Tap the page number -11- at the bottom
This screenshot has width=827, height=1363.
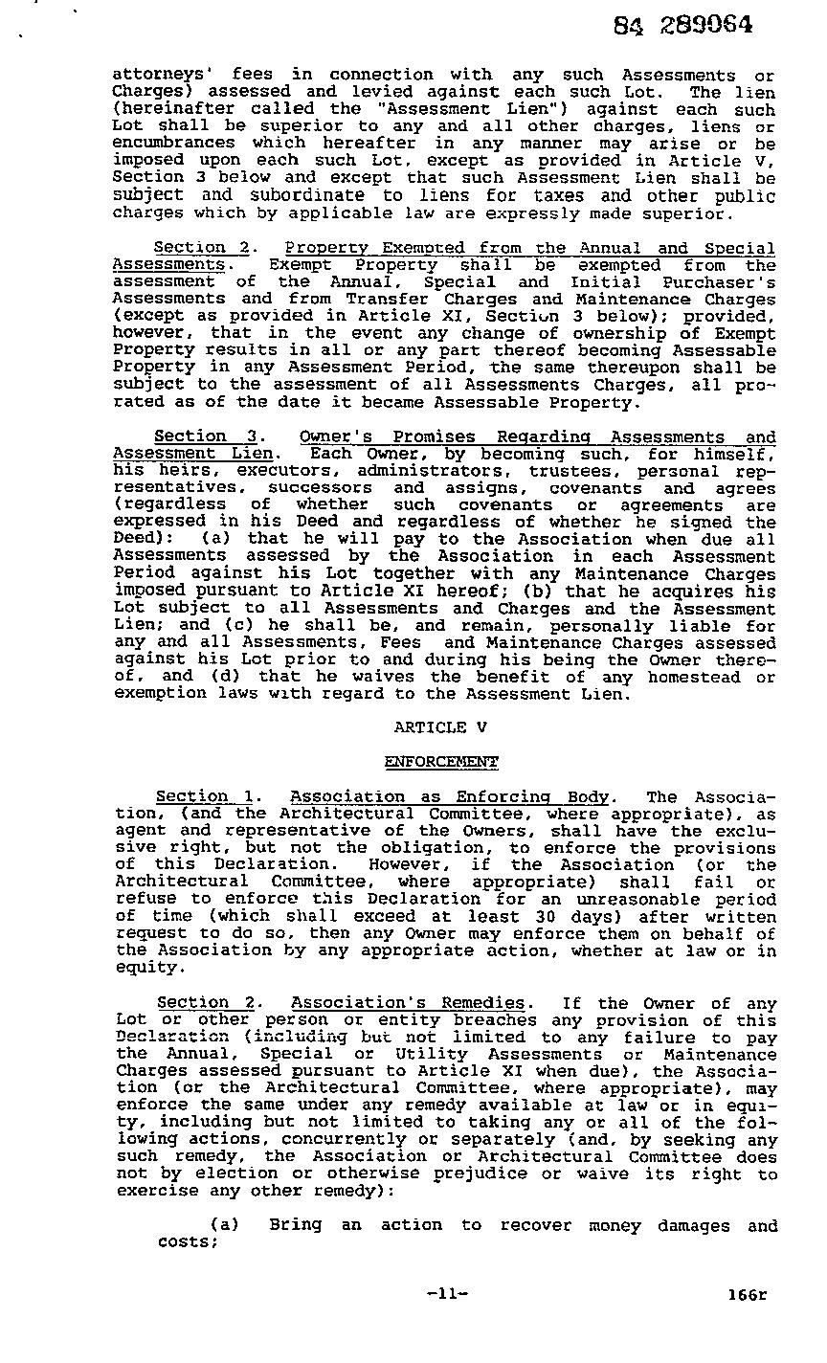pos(448,1294)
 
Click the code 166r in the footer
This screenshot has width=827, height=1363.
pos(747,1295)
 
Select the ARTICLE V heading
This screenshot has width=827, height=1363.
pos(440,727)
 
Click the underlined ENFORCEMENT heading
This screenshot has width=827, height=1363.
pos(440,762)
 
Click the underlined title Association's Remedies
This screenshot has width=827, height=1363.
pos(408,1003)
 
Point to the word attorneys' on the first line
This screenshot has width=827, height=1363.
pos(154,75)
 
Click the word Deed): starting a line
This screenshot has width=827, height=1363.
pos(141,539)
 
